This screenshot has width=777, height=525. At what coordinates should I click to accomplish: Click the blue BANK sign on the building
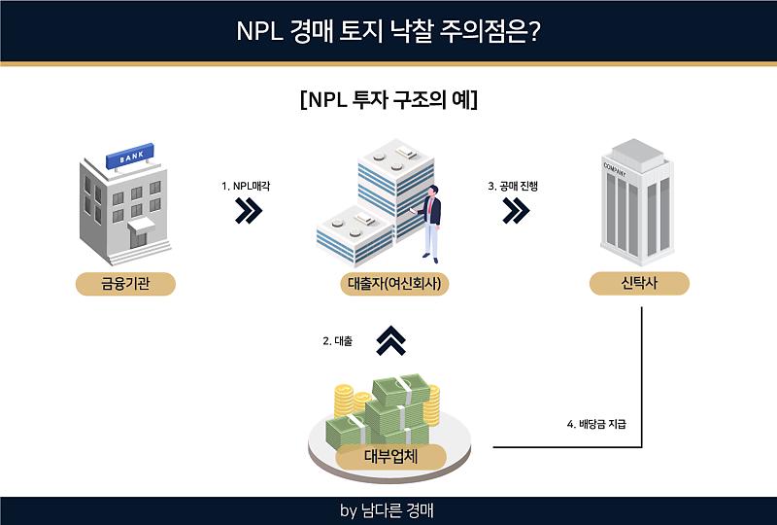[130, 156]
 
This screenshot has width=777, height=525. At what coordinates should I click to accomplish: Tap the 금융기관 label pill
[125, 284]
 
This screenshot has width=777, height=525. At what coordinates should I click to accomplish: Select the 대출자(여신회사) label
[394, 284]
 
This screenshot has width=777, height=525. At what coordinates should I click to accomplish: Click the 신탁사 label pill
[639, 283]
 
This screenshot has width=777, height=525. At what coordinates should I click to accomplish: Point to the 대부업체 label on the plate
[391, 457]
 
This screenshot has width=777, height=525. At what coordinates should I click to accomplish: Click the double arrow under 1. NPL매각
[249, 210]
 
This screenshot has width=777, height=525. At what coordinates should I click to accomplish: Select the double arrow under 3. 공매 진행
[516, 210]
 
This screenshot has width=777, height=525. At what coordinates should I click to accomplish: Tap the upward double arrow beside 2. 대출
[391, 340]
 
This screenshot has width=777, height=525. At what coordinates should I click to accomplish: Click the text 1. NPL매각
[246, 186]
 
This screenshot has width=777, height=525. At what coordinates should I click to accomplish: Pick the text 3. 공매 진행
[513, 186]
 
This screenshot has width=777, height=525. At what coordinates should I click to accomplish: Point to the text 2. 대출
[337, 341]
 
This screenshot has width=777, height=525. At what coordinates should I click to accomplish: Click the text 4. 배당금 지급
[596, 424]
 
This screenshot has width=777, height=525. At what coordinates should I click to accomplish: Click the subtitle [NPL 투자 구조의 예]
[389, 100]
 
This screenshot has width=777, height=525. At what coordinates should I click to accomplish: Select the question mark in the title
[533, 31]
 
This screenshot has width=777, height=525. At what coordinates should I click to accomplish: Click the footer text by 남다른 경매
[387, 510]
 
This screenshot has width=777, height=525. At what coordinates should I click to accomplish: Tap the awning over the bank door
[141, 225]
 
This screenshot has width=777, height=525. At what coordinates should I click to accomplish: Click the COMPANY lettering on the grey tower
[615, 169]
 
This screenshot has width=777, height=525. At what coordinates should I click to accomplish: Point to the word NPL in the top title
[259, 31]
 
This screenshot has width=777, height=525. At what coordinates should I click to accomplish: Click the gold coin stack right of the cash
[432, 406]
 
